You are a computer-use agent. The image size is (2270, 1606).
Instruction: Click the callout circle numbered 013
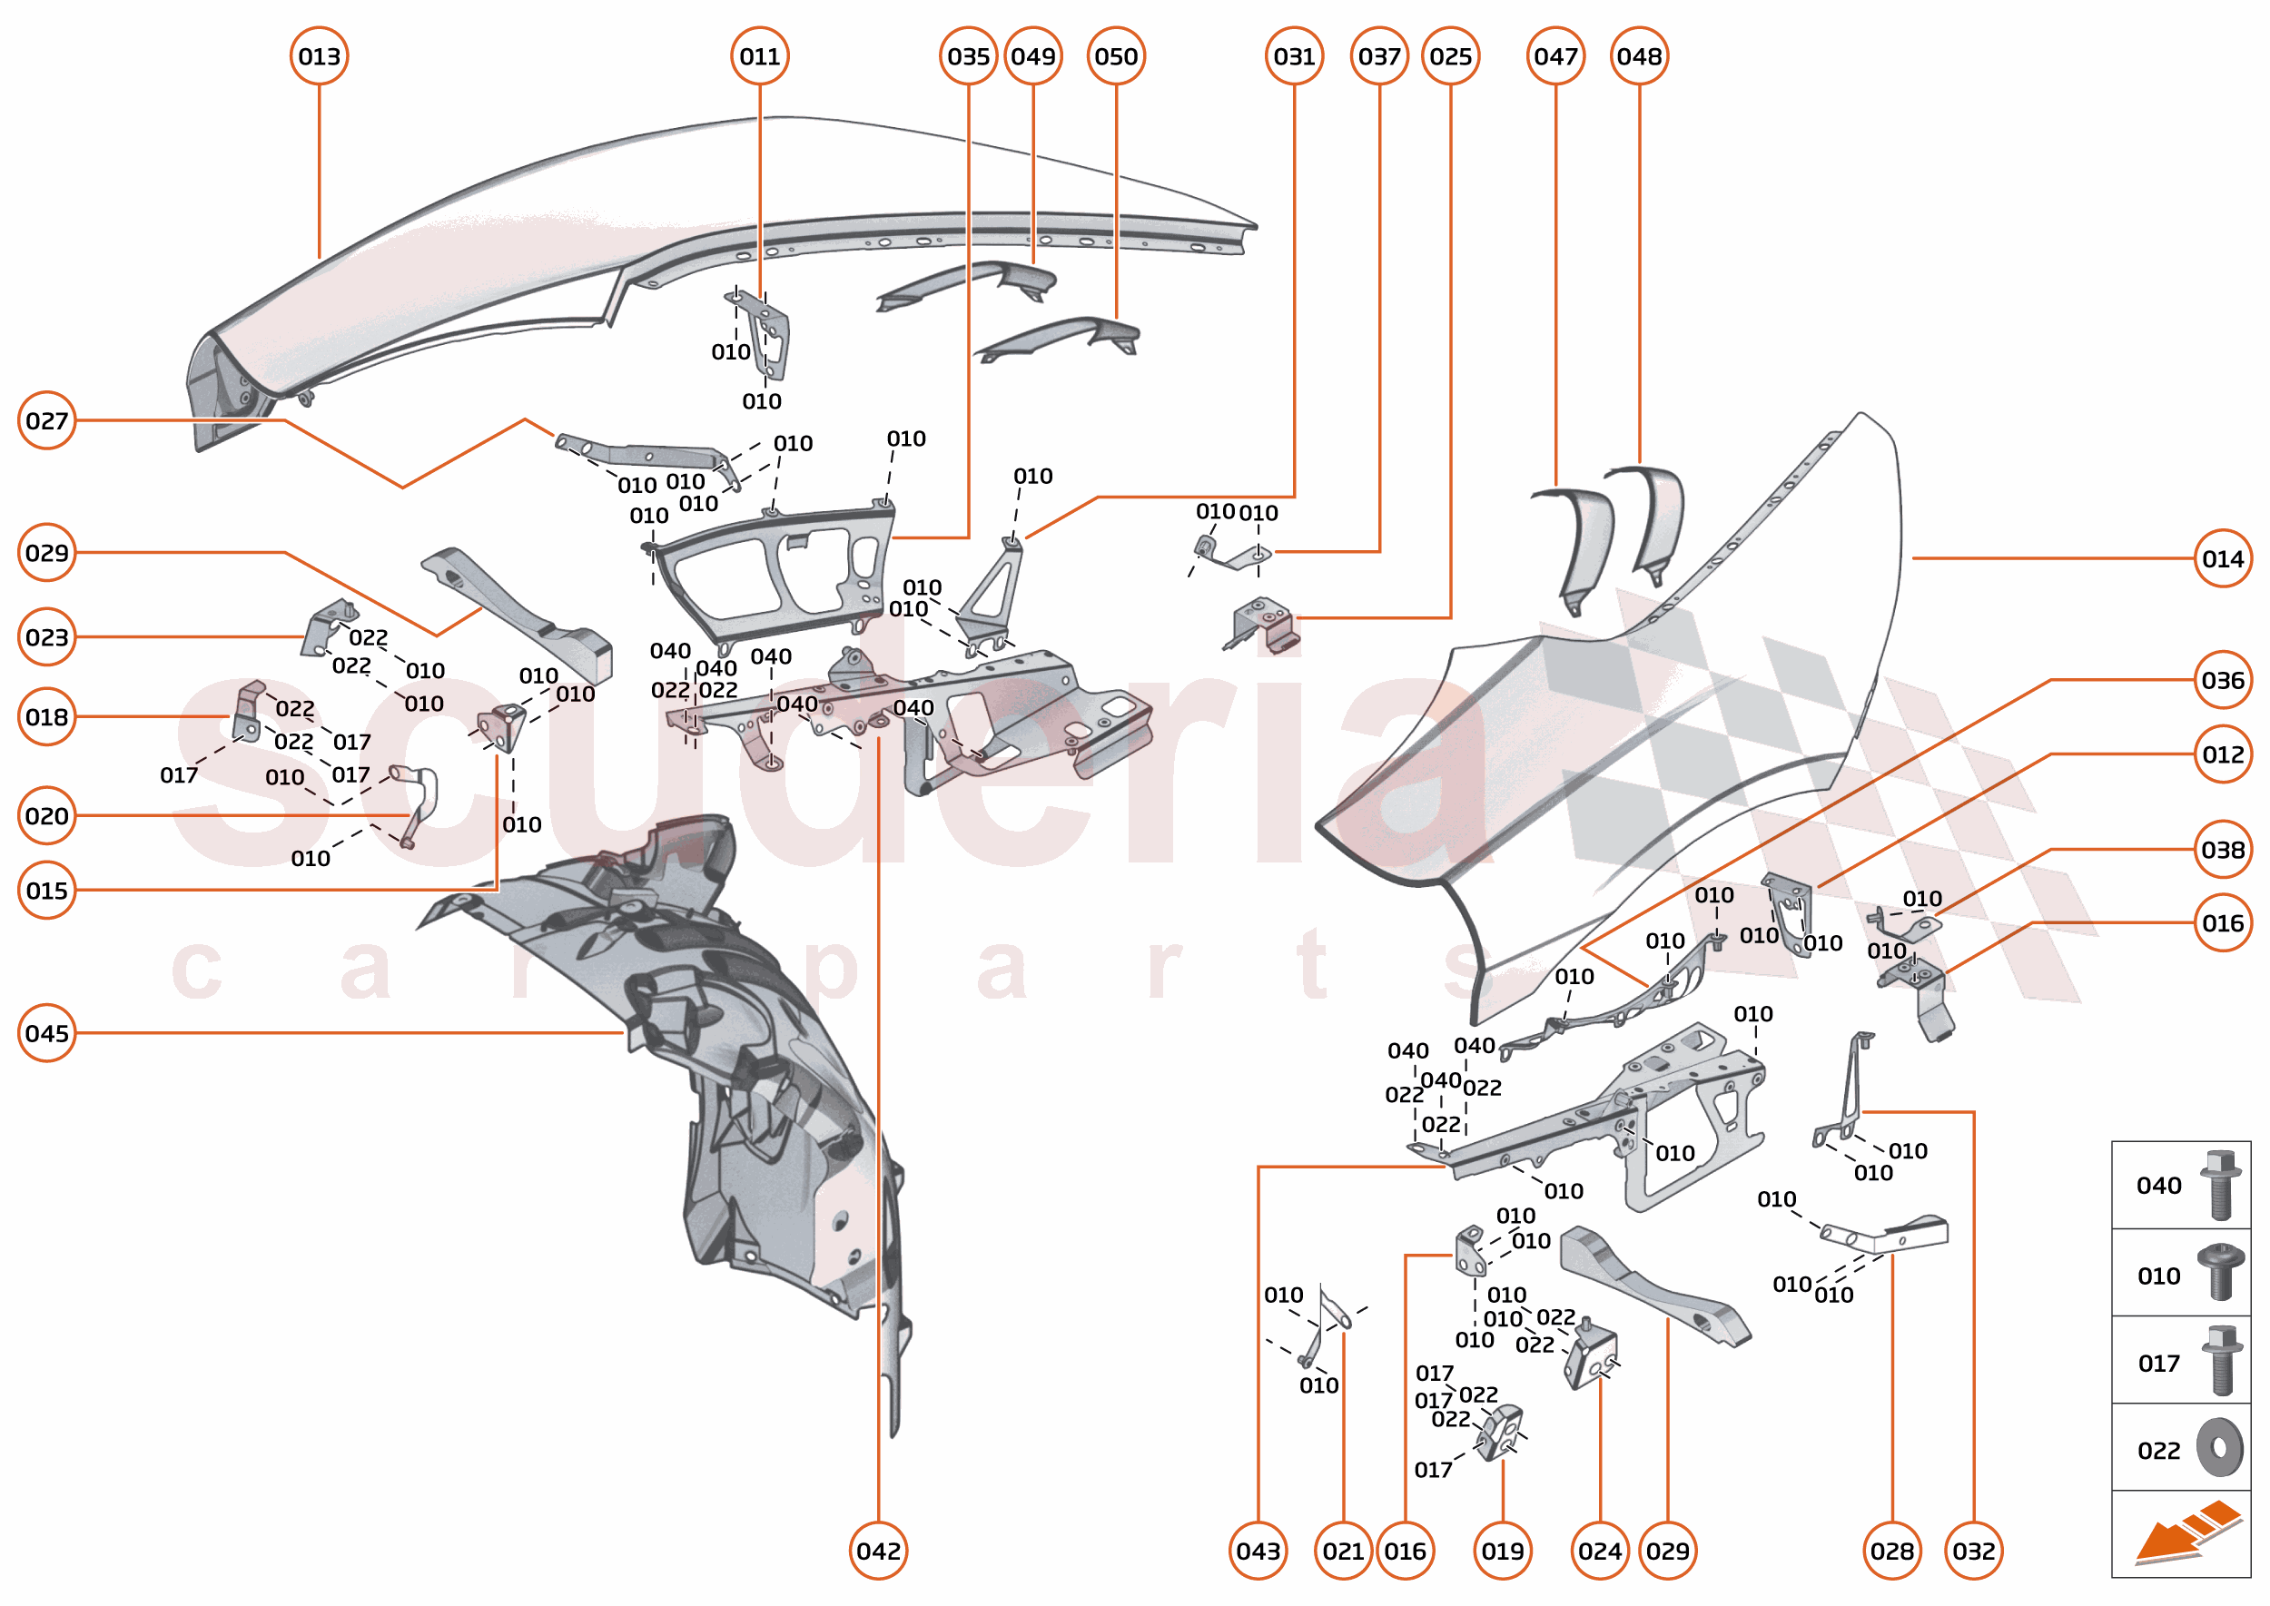click(319, 56)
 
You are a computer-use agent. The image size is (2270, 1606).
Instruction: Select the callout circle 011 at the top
click(760, 56)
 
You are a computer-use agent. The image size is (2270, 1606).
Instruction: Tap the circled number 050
click(1116, 56)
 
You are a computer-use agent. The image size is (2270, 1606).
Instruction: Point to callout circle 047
click(1556, 56)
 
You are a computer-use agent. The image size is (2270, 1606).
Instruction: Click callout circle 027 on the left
click(46, 420)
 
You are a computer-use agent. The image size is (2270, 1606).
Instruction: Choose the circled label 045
click(46, 1033)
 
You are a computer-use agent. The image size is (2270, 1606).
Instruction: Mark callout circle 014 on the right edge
click(2223, 558)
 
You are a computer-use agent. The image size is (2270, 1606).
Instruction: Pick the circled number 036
click(2223, 680)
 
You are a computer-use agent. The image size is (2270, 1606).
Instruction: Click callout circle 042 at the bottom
click(878, 1551)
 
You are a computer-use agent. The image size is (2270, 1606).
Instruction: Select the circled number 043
click(1258, 1551)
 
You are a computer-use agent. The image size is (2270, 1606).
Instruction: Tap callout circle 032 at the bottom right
click(1974, 1551)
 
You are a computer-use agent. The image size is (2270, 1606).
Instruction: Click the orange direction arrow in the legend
click(2186, 1532)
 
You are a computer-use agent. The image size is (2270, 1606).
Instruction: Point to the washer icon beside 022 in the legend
click(2221, 1449)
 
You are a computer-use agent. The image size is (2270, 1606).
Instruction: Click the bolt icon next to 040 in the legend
click(2221, 1185)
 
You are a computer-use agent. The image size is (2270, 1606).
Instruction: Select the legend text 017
click(2158, 1364)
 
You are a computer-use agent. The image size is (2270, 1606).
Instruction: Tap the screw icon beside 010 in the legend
click(2221, 1273)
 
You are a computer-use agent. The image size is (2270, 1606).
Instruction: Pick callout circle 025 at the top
click(1450, 56)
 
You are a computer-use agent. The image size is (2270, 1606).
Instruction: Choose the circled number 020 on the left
click(46, 816)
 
